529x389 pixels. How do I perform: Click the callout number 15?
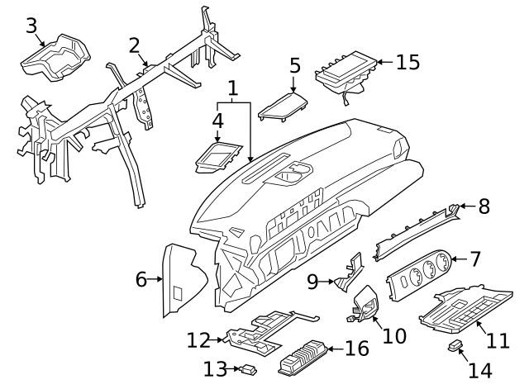point(407,62)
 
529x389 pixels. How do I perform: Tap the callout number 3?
point(31,26)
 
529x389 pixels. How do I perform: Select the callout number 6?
point(141,280)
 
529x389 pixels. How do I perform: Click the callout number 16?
point(356,348)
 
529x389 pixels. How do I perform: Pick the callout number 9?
point(312,282)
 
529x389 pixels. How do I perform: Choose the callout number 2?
point(134,45)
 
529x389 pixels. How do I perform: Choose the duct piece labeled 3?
point(56,55)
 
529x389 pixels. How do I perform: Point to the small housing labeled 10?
point(363,304)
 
